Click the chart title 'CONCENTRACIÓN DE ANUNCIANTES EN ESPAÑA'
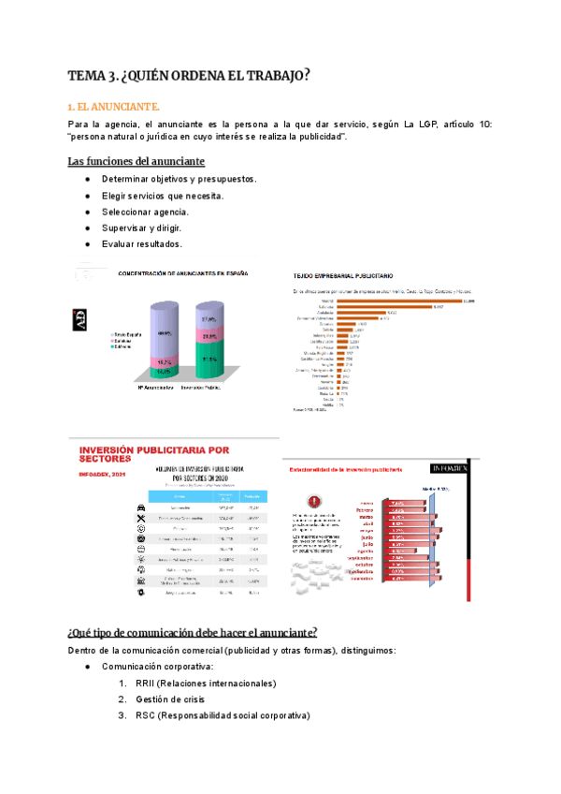coord(182,274)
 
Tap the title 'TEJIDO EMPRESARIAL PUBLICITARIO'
coord(343,276)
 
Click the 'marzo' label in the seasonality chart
coord(367,514)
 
